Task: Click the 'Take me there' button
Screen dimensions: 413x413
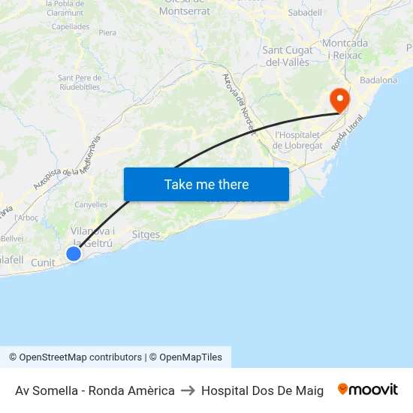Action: [206, 184]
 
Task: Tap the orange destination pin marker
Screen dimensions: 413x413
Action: [339, 100]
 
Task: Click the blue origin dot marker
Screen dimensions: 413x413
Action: [74, 254]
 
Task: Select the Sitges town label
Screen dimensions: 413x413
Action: [146, 234]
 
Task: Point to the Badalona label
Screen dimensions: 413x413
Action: [378, 80]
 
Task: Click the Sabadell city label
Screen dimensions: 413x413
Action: [305, 13]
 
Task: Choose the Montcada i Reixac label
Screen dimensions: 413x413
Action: [345, 50]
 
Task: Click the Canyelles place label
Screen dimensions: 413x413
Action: [91, 204]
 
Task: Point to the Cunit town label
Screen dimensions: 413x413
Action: [43, 263]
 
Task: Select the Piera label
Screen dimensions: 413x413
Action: [107, 33]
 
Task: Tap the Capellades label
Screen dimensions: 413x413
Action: [71, 26]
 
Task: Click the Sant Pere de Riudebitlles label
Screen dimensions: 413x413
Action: [79, 82]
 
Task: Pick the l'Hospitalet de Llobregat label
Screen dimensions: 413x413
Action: [298, 140]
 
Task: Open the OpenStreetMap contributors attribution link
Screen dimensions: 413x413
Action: [80, 357]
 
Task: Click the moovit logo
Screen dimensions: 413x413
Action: [367, 390]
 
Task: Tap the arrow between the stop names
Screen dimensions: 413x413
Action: [188, 390]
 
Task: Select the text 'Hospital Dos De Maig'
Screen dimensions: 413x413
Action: [262, 390]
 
